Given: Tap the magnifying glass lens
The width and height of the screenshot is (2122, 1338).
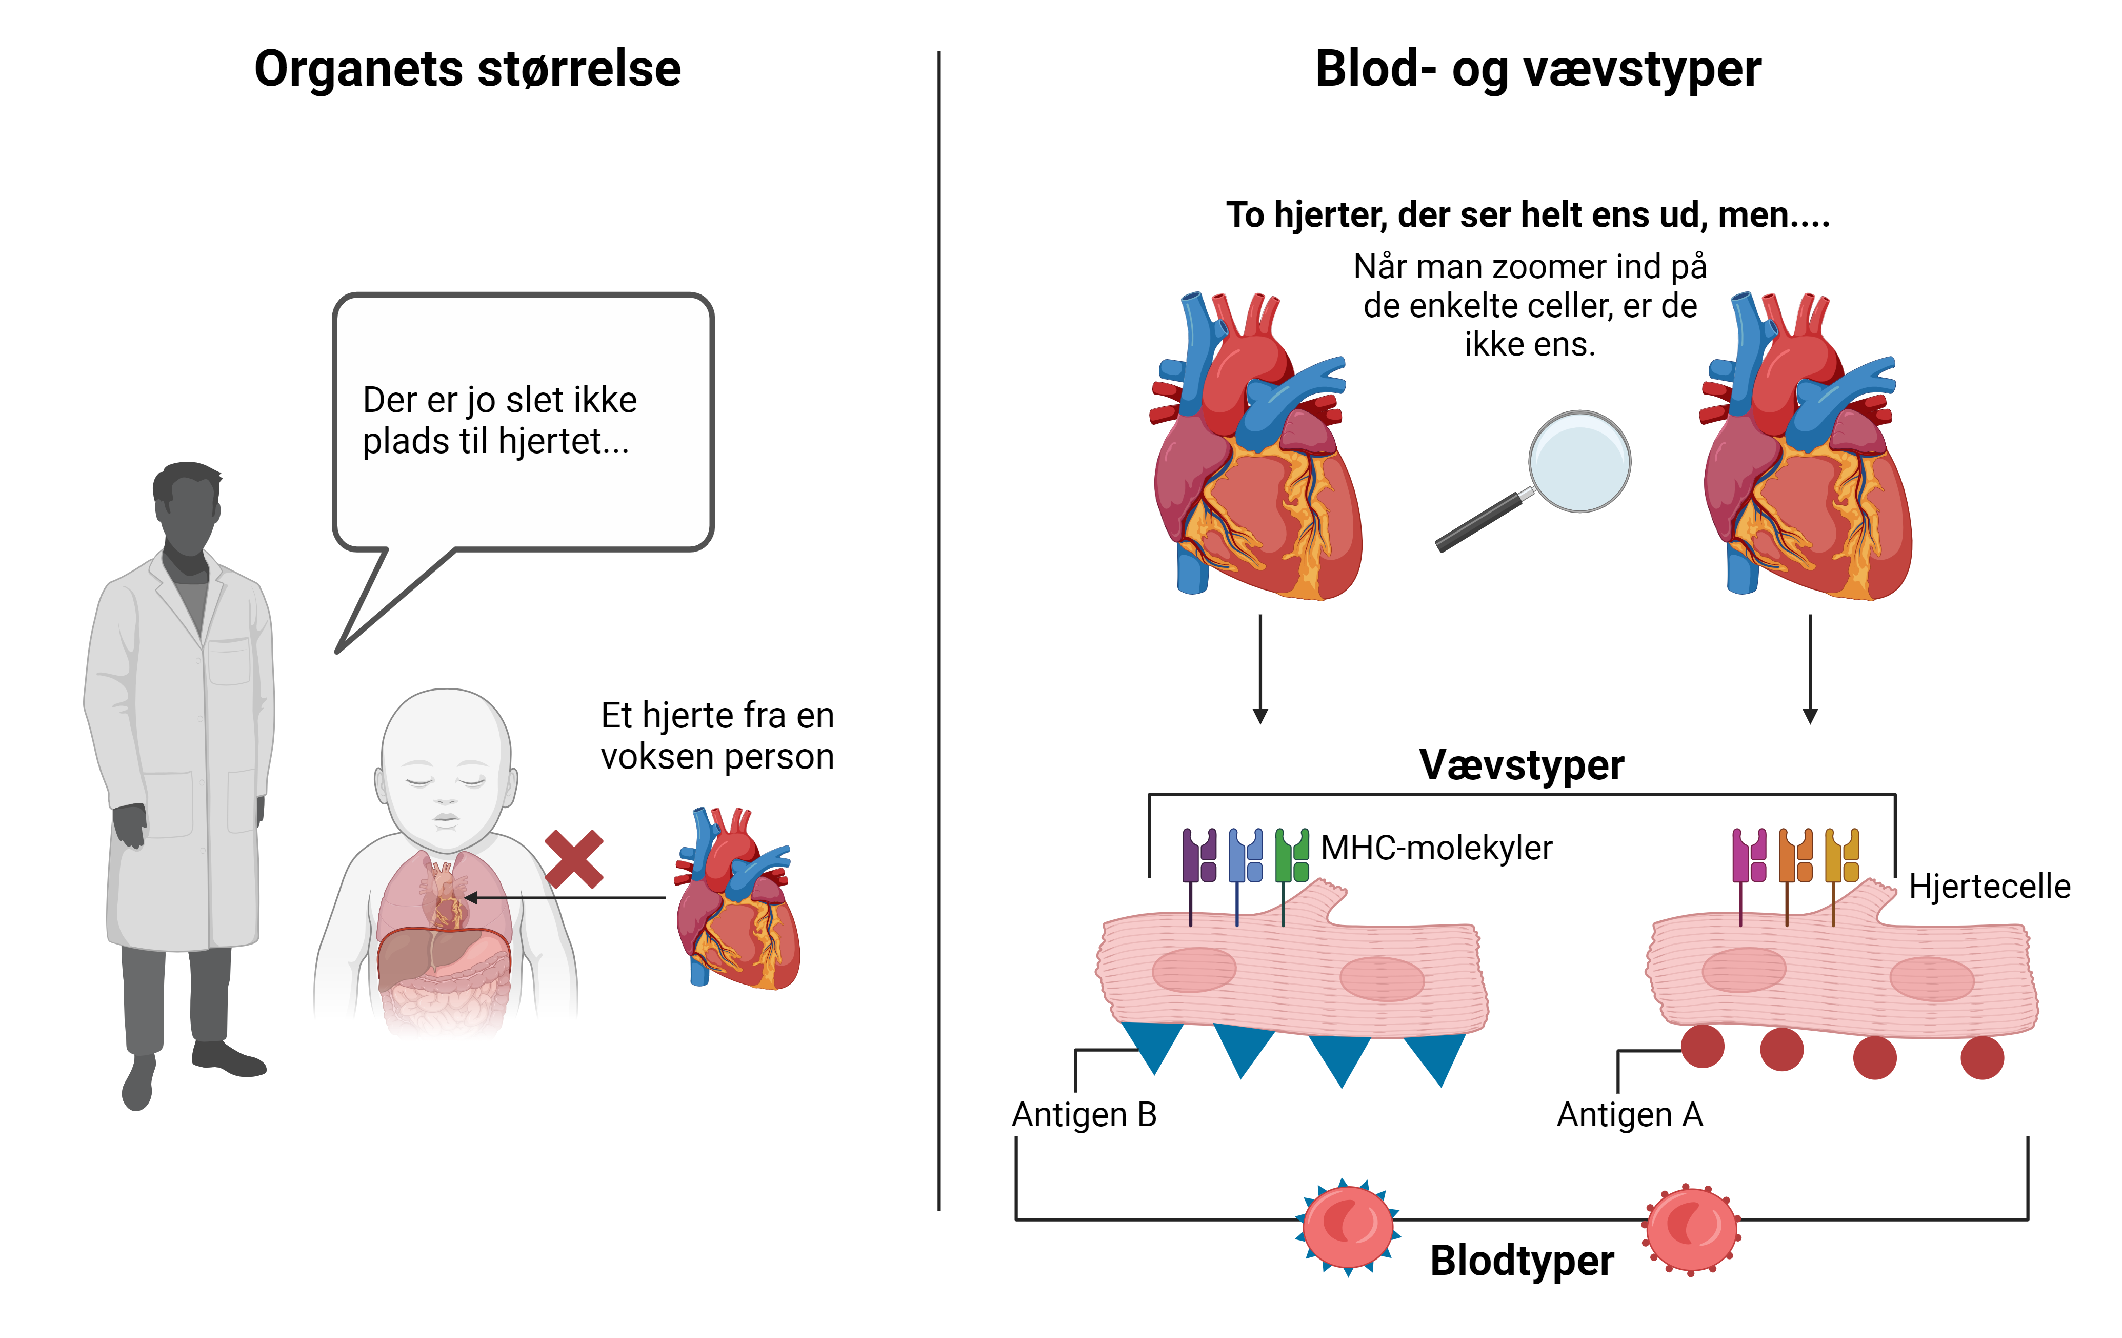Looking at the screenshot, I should click(x=1579, y=461).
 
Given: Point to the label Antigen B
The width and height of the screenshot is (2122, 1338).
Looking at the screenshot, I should click(x=1084, y=1115).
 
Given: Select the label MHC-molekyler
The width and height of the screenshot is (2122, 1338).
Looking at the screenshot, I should click(x=1436, y=848).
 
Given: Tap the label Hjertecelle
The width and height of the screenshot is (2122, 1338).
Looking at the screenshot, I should click(x=1989, y=887).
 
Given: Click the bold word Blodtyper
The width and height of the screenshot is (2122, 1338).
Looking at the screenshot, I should click(x=1522, y=1261).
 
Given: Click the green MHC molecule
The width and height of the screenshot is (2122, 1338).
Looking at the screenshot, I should click(x=1291, y=856).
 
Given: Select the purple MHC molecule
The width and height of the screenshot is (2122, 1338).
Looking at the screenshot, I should click(x=1199, y=856).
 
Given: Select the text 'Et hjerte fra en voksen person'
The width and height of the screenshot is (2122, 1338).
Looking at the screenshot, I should click(x=717, y=736).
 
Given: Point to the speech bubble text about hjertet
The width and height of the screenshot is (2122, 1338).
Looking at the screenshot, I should click(x=499, y=421).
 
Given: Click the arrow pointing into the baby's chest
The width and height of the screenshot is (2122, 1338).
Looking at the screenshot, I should click(x=564, y=898).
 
